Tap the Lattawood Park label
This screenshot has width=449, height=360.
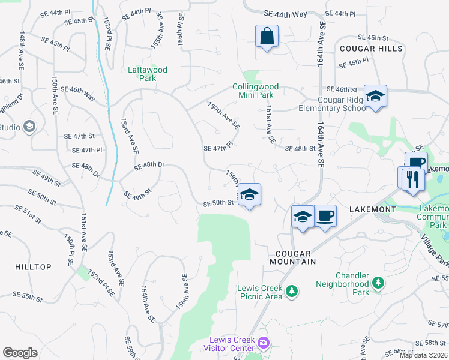[x=148, y=74]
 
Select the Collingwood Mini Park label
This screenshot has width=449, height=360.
[x=261, y=91]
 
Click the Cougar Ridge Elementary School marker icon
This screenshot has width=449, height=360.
[x=375, y=96]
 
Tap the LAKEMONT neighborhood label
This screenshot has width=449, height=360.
[x=373, y=209]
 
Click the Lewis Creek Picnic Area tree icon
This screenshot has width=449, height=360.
[x=292, y=291]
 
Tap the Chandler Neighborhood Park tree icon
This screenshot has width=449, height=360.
[x=378, y=282]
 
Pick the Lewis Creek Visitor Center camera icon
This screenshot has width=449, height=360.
[x=263, y=343]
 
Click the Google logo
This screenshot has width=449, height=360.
[x=20, y=353]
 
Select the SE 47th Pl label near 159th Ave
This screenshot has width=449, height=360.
[x=217, y=148]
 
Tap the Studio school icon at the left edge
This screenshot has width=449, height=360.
[x=29, y=127]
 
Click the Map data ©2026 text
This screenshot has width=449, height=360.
[x=423, y=355]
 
